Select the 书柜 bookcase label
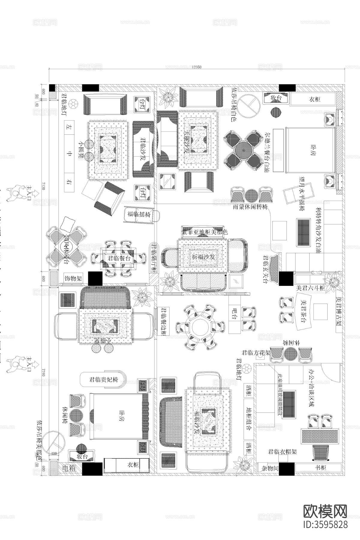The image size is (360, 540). coord(321,467)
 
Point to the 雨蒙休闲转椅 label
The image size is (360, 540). coord(250,207)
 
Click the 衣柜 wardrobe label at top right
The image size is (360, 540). coord(314,99)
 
